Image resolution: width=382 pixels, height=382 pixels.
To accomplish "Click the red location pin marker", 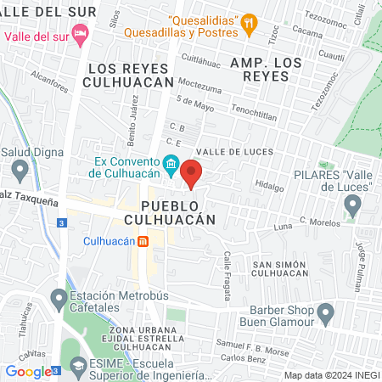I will point(191,172).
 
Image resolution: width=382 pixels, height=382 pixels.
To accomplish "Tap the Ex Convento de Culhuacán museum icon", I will point(171,163).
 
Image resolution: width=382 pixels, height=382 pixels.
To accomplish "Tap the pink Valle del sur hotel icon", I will point(81,37).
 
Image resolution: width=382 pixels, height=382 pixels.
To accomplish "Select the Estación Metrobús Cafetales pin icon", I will point(59,300).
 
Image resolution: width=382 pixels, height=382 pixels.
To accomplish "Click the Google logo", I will point(28,371).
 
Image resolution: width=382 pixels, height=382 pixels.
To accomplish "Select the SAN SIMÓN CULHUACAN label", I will point(285,269).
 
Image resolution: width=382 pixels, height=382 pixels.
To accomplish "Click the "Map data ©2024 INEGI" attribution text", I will point(330,375).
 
